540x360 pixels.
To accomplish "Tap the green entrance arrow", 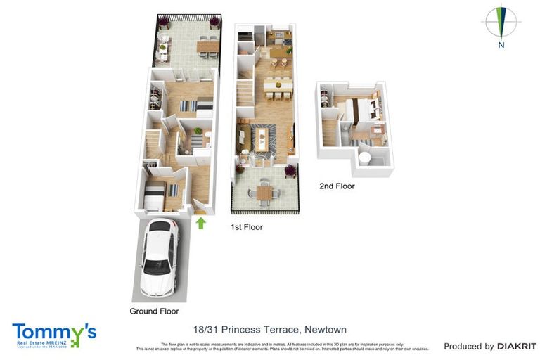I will pos(200,223).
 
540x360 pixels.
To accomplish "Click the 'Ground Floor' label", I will pos(154,311).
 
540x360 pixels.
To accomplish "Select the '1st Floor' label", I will pos(247,227).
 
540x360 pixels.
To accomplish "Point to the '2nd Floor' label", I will pos(337,186).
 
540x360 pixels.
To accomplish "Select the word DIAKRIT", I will pos(517,346).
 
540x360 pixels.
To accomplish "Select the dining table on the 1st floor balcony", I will pos(264,191).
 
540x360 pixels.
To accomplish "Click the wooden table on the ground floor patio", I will pos(207,46).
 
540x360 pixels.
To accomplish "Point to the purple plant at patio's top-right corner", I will pos(214,23).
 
